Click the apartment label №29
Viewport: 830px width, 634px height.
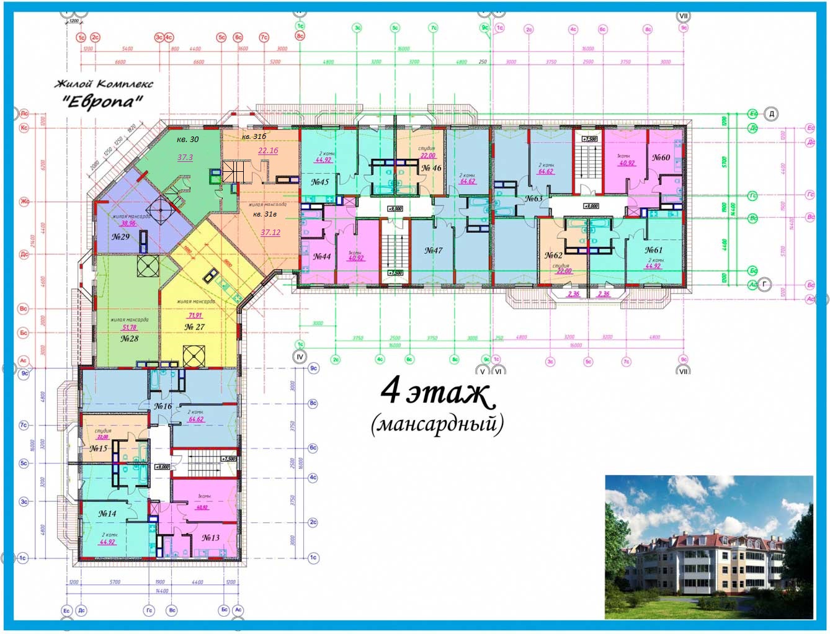point(120,237)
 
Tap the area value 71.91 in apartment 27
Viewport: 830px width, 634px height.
point(195,316)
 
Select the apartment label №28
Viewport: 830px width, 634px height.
point(129,339)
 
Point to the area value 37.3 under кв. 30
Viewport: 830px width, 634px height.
point(185,158)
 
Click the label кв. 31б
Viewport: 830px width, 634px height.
point(254,136)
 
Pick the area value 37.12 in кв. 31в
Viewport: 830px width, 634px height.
point(270,233)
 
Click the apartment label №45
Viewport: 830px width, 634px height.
point(319,182)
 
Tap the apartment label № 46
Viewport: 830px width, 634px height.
point(431,168)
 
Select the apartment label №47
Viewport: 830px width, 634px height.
point(433,251)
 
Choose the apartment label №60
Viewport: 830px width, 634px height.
point(661,158)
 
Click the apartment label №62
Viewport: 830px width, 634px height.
point(553,255)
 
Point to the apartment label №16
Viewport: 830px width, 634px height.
point(163,406)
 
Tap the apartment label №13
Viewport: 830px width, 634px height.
point(210,538)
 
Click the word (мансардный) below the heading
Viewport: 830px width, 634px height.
point(437,425)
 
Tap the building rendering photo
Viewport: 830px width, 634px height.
point(708,547)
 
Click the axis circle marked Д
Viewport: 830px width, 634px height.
point(771,114)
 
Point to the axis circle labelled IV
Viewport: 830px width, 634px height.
point(300,357)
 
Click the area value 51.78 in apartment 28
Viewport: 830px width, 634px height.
point(129,328)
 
